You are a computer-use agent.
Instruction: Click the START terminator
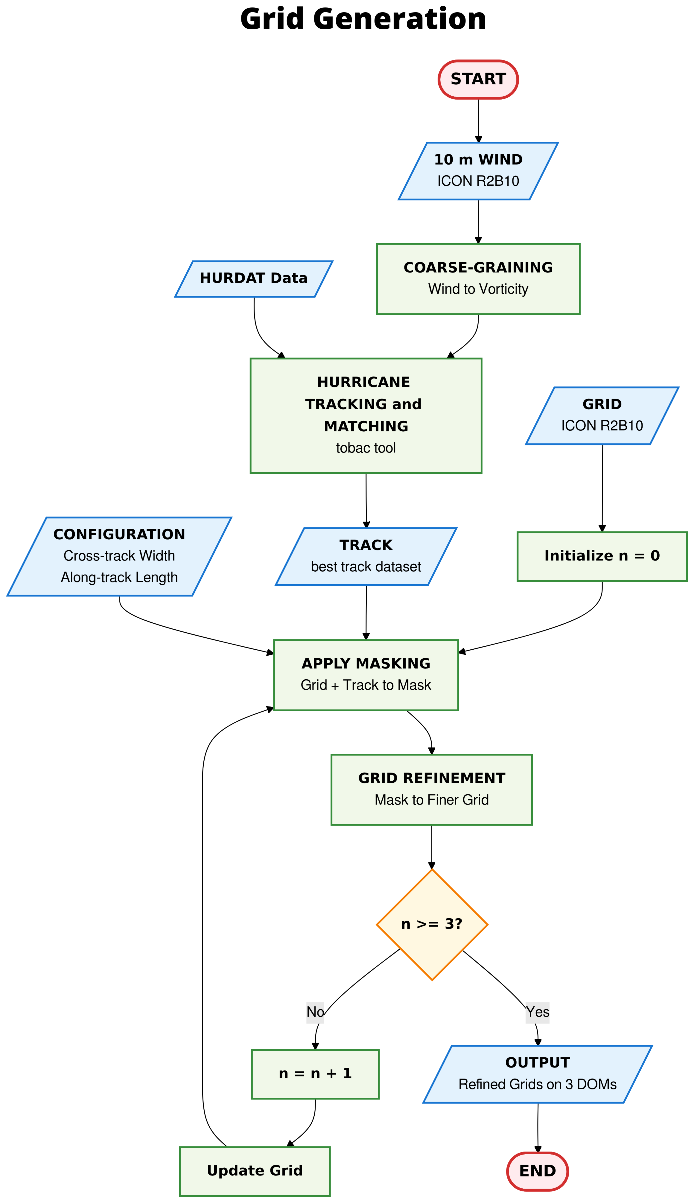click(478, 80)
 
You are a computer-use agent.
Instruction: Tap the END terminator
click(538, 1171)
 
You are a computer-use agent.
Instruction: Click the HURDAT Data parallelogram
click(254, 279)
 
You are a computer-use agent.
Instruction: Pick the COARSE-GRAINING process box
click(478, 279)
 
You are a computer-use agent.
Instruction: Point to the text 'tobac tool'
click(366, 448)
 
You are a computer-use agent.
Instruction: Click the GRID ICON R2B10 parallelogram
click(602, 415)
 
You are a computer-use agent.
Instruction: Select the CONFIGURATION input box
click(119, 556)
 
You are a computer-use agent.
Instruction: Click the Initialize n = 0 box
click(602, 556)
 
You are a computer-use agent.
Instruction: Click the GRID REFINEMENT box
click(431, 789)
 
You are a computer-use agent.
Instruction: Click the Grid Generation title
click(363, 19)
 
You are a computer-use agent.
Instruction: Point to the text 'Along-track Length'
click(119, 577)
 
